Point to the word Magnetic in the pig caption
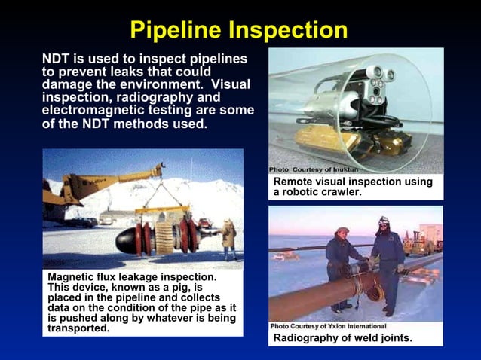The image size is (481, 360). click(73, 278)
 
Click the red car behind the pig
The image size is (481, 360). click(204, 223)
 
